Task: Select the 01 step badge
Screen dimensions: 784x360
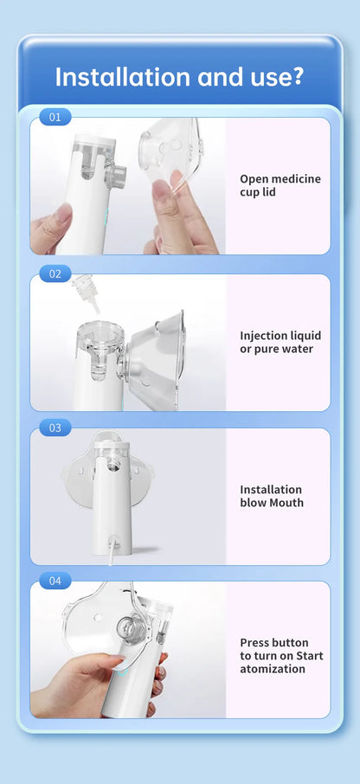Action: pyautogui.click(x=55, y=117)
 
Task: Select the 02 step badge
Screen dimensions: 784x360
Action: pyautogui.click(x=55, y=273)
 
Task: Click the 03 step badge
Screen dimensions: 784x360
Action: pyautogui.click(x=55, y=427)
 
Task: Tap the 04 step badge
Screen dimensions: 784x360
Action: pyautogui.click(x=55, y=581)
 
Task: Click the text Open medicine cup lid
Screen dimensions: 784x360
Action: pyautogui.click(x=280, y=185)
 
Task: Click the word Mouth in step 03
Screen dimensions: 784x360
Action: pyautogui.click(x=286, y=503)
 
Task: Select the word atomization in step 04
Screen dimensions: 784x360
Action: pyautogui.click(x=273, y=669)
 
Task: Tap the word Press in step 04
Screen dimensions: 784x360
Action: pyautogui.click(x=255, y=642)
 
